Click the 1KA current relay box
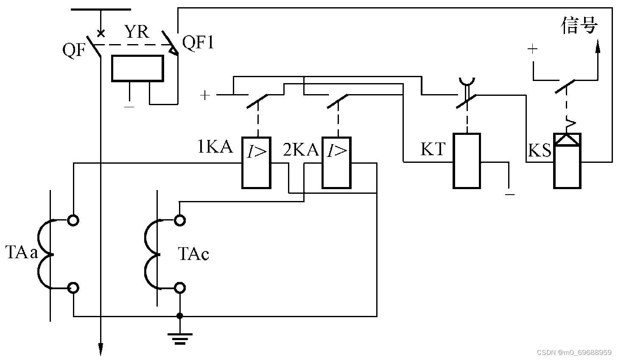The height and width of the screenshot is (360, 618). (x=256, y=163)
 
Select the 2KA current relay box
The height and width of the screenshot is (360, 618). (x=337, y=163)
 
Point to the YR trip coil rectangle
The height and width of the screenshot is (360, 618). (x=138, y=68)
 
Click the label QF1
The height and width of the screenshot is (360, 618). (x=198, y=43)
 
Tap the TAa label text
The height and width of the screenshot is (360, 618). (x=22, y=252)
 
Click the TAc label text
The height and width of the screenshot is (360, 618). (x=193, y=254)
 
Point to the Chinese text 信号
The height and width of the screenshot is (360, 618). (x=579, y=25)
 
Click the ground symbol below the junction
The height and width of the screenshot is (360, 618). (x=180, y=339)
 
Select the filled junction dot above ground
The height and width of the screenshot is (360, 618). (x=179, y=316)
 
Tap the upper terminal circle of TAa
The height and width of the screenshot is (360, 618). (x=73, y=220)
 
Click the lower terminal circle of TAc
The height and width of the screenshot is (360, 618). (x=179, y=288)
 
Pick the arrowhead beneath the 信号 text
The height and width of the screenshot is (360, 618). (x=598, y=46)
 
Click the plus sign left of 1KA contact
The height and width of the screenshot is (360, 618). (x=205, y=95)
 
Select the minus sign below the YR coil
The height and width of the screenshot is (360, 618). (x=129, y=107)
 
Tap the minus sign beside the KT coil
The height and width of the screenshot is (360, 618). (x=510, y=195)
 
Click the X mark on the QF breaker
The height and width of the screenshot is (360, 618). (x=101, y=34)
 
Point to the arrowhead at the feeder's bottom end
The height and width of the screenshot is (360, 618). (x=101, y=349)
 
